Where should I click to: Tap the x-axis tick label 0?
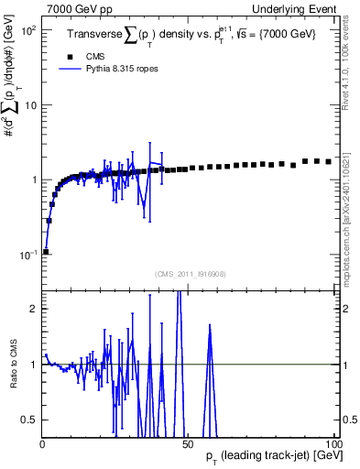[42, 444]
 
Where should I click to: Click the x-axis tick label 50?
[188, 444]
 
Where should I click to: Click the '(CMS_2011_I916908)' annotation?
[189, 274]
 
